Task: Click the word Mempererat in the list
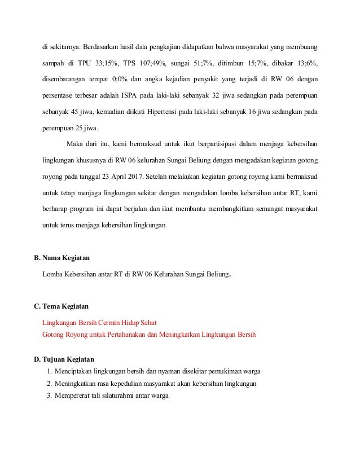tap(73, 395)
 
